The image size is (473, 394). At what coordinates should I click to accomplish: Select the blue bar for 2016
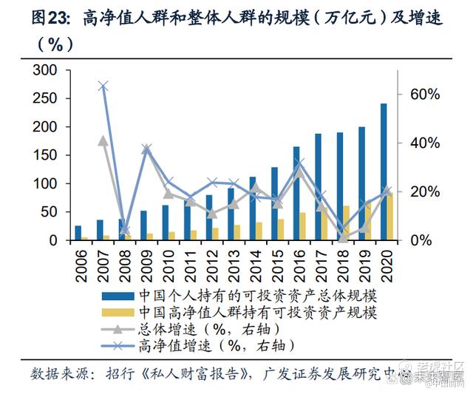click(296, 193)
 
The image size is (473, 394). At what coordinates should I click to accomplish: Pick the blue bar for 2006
click(78, 233)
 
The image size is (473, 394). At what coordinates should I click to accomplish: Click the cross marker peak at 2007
click(103, 86)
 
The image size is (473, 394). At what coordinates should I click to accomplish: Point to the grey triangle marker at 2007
click(103, 140)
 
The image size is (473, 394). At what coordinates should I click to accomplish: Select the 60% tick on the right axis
click(424, 95)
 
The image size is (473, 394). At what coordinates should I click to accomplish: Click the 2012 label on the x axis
click(211, 262)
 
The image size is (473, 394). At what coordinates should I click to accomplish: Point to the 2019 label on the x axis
click(364, 262)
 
